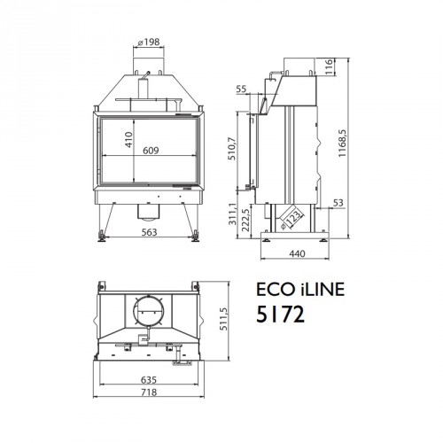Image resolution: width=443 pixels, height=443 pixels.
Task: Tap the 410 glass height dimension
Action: (x=130, y=140)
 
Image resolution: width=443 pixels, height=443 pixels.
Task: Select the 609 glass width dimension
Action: (x=151, y=151)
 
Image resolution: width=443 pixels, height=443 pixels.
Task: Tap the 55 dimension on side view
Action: (x=242, y=90)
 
